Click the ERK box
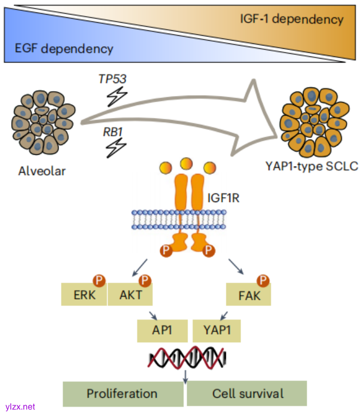click(x=84, y=296)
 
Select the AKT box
click(x=130, y=296)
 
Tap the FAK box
click(x=248, y=296)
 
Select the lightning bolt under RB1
click(x=115, y=148)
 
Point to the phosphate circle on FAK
click(x=263, y=281)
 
